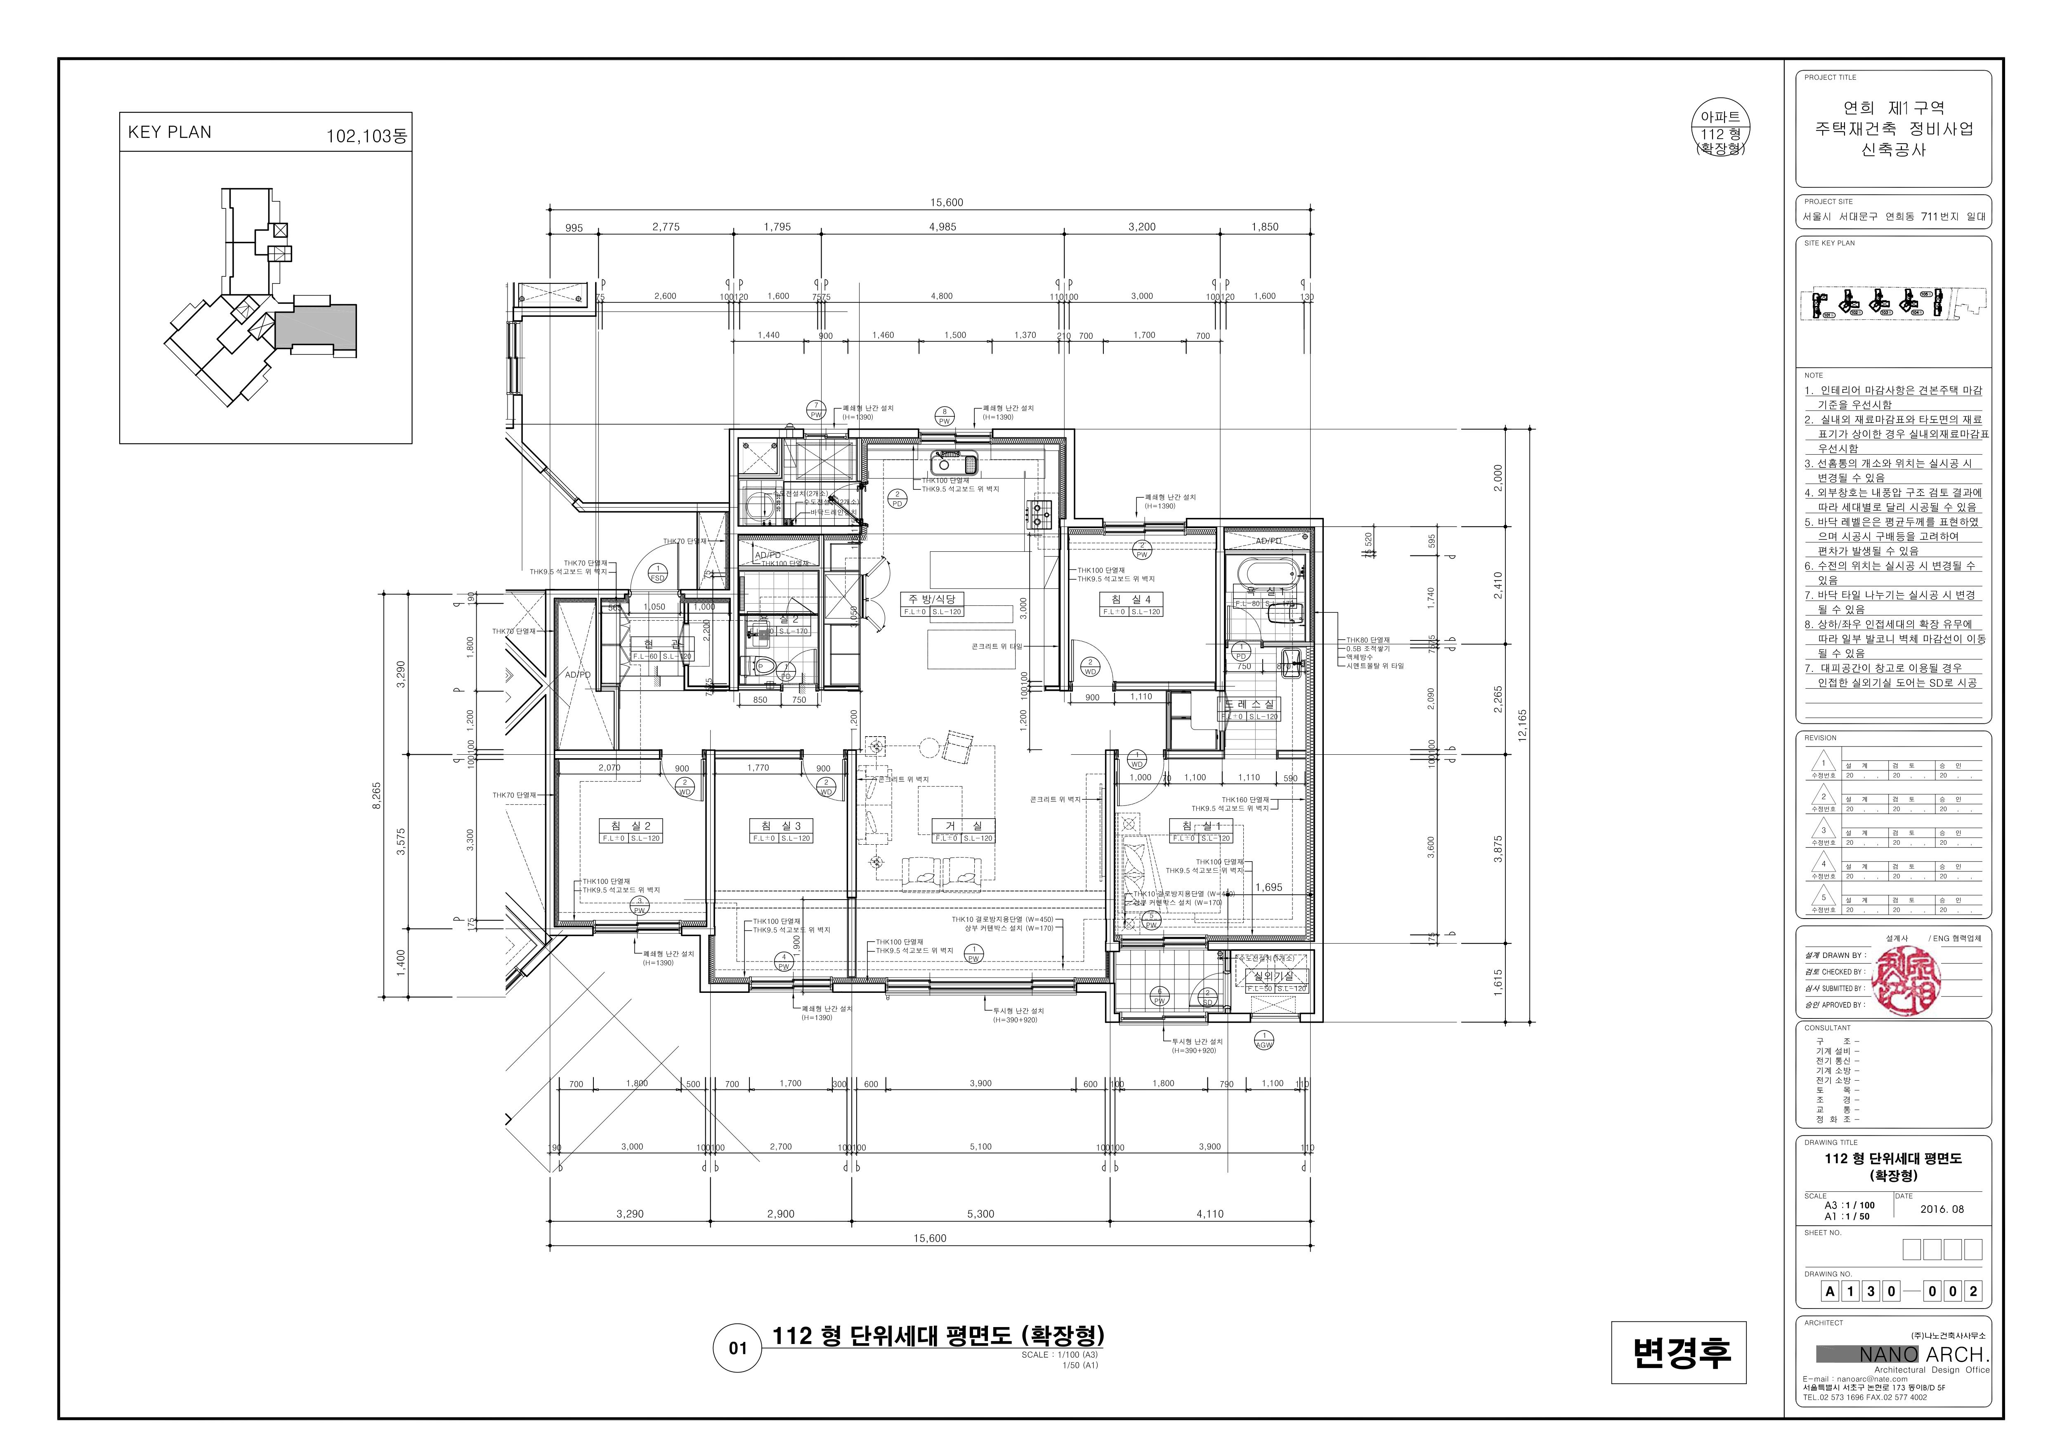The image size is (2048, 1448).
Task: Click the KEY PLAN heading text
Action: [x=170, y=132]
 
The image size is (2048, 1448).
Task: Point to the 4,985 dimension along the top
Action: [x=942, y=227]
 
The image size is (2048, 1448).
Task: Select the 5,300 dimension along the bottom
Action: [x=980, y=1213]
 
